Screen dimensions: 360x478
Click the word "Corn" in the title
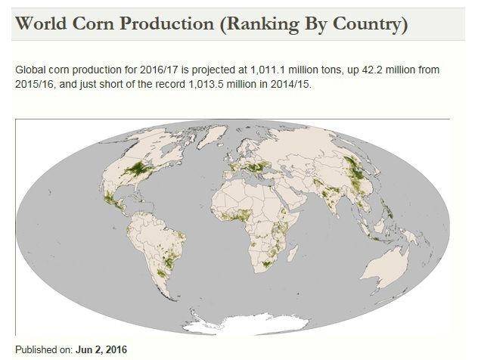coord(90,24)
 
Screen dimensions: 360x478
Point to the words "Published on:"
coord(43,349)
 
